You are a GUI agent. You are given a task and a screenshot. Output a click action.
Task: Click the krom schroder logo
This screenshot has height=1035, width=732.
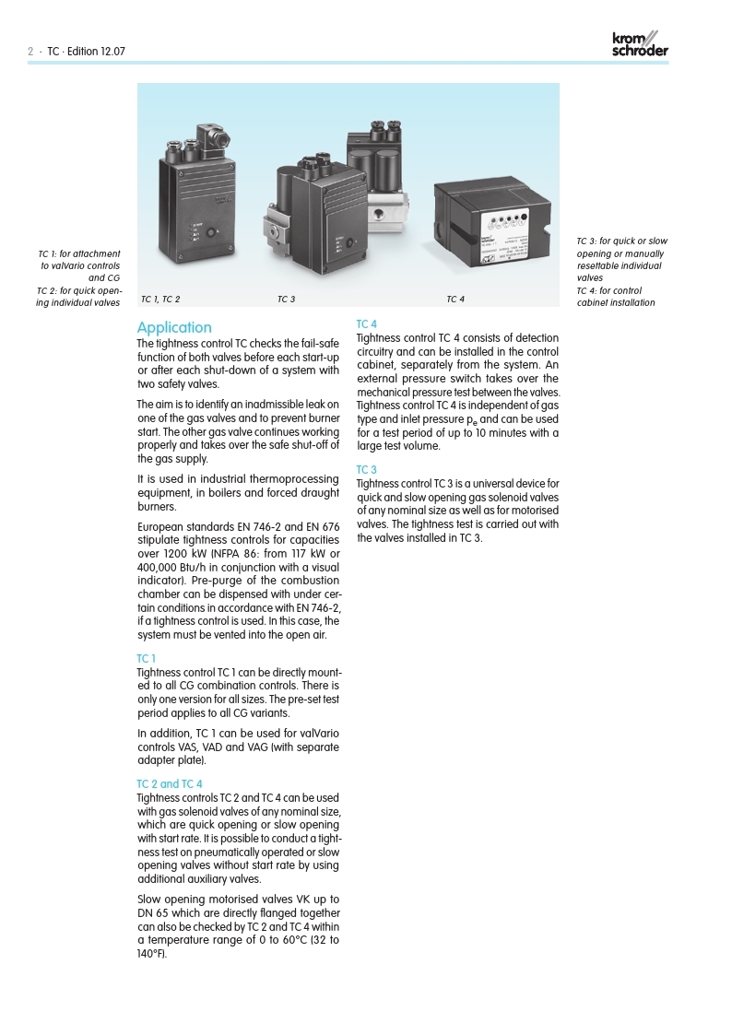pos(640,44)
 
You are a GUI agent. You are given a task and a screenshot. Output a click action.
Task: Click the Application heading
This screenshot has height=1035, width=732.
pos(174,328)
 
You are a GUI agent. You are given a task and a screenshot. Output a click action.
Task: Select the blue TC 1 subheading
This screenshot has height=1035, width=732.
pos(147,658)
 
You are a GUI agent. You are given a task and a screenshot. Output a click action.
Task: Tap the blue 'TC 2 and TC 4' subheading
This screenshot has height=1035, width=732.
pos(170,784)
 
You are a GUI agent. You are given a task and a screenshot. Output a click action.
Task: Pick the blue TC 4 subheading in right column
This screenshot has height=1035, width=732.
pos(366,323)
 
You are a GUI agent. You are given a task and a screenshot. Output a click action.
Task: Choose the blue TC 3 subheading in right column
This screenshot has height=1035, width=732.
pos(366,470)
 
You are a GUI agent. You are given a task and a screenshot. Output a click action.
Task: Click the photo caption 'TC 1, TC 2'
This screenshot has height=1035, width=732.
pos(160,300)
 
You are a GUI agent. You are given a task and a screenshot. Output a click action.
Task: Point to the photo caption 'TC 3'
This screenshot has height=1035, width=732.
pos(286,300)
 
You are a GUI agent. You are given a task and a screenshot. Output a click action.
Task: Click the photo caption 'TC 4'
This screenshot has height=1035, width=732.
pos(455,300)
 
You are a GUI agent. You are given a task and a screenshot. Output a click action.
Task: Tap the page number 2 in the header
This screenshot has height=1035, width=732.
pos(30,52)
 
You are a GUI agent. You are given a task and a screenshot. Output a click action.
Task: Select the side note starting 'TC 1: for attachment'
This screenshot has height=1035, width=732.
pos(79,253)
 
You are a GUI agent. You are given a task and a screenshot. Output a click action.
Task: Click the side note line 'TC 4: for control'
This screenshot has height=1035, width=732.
pos(608,291)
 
